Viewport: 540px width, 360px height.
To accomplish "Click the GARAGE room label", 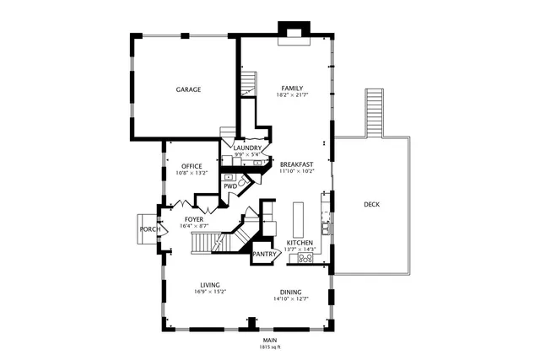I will click(188, 89).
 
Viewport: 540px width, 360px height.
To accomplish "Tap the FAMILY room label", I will click(292, 88).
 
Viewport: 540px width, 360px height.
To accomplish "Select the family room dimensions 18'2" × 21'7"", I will click(292, 95).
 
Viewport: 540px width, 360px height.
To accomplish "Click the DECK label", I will click(371, 204).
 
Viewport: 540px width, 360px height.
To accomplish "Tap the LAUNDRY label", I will click(247, 148).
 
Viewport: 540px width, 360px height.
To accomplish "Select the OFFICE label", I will click(192, 165).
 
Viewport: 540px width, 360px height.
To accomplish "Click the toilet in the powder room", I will click(242, 181).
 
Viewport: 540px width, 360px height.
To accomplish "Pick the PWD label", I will click(229, 186).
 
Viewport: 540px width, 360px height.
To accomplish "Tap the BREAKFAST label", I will click(297, 164).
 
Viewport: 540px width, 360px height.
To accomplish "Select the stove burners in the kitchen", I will click(305, 259).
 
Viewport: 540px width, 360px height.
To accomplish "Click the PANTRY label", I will click(266, 253).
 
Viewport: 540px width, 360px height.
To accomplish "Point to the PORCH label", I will click(150, 229).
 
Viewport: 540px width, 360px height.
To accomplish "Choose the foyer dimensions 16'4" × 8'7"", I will click(193, 227).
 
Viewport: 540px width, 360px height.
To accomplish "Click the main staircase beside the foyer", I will click(211, 243).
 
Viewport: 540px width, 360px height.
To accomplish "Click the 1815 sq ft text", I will click(270, 347).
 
